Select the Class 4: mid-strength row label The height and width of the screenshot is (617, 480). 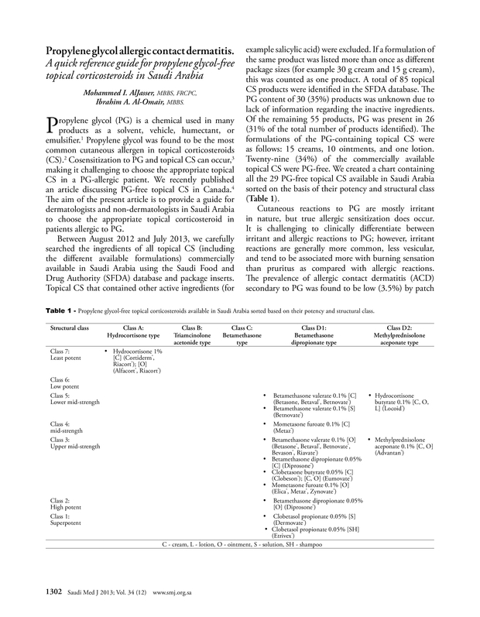tap(65, 428)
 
